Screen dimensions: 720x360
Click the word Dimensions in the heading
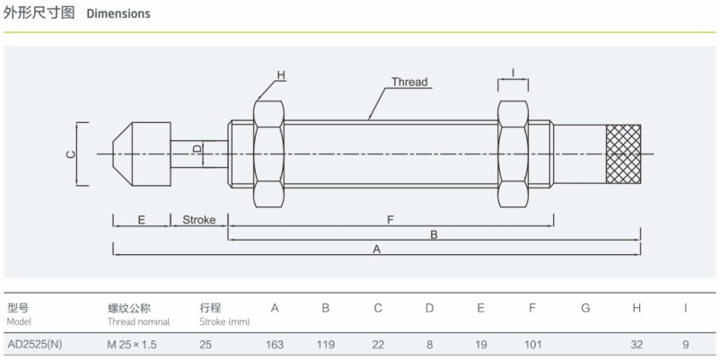coord(119,13)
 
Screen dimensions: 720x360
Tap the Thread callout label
coord(409,83)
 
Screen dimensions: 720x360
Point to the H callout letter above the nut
coord(281,75)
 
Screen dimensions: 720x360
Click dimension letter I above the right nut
coord(513,72)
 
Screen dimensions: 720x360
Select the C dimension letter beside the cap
coord(70,154)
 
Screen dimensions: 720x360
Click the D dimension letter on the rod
coord(196,149)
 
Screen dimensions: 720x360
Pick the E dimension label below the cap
coord(142,220)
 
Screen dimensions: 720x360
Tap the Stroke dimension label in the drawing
coord(198,220)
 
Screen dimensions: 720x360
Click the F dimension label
coord(391,220)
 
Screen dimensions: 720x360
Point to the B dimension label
coord(434,234)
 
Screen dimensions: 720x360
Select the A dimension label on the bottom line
coord(377,250)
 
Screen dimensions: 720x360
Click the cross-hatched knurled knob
coord(623,154)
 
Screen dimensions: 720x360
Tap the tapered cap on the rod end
coord(142,154)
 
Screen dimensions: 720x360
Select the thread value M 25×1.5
coord(132,345)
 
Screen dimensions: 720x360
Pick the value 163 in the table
coord(275,345)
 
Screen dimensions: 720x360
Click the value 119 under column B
coord(326,345)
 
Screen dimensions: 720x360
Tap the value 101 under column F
coord(532,345)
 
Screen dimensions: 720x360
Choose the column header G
coord(585,308)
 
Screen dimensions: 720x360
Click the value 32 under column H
coord(637,345)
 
